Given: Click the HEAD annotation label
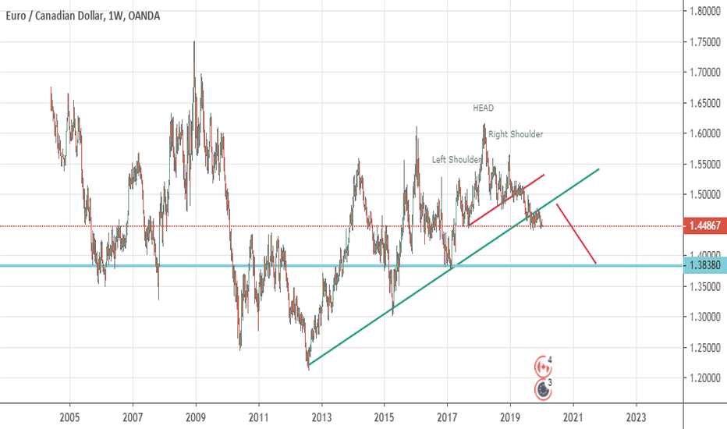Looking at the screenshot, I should pyautogui.click(x=483, y=108).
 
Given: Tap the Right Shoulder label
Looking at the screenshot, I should pyautogui.click(x=516, y=134).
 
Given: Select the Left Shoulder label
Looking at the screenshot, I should pyautogui.click(x=457, y=160).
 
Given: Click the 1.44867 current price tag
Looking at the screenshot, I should pyautogui.click(x=705, y=226).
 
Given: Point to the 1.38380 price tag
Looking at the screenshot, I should pyautogui.click(x=705, y=266).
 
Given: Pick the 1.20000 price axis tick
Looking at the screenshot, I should pyautogui.click(x=704, y=378).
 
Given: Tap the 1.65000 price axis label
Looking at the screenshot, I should pyautogui.click(x=704, y=103).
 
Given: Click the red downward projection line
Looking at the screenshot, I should pyautogui.click(x=577, y=234).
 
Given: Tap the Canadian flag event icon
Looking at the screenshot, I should pyautogui.click(x=541, y=366).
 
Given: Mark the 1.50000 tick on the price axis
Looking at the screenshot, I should pyautogui.click(x=704, y=195).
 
